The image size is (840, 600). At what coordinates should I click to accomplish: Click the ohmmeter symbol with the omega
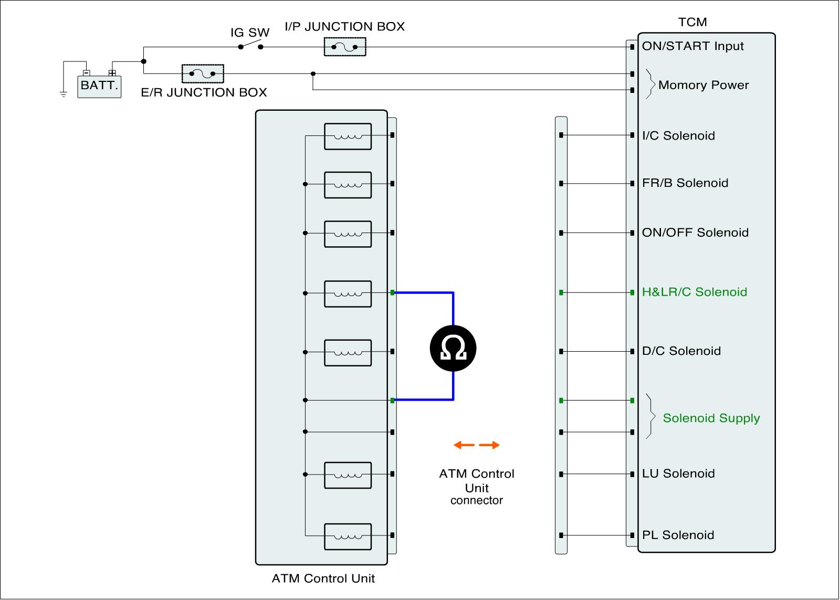(453, 348)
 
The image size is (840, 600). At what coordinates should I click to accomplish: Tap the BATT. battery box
(99, 87)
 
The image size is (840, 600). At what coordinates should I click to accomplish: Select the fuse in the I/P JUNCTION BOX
(344, 47)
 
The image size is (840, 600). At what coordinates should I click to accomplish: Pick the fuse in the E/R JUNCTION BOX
(203, 73)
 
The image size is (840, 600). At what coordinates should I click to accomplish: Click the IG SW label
(250, 33)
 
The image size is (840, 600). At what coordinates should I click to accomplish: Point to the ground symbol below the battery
(64, 94)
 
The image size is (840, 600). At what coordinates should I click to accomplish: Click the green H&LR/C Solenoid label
(695, 292)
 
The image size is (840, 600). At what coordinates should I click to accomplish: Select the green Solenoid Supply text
(711, 418)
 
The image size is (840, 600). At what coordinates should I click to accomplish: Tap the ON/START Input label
(692, 46)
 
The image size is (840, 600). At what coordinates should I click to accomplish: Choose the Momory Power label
(703, 85)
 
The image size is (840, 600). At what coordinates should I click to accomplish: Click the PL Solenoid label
(678, 535)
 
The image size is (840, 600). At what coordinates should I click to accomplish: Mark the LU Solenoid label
(678, 473)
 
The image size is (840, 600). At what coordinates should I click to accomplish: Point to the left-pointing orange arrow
(464, 445)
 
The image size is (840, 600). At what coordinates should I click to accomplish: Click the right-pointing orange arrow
(489, 445)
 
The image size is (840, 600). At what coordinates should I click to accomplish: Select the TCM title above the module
(692, 22)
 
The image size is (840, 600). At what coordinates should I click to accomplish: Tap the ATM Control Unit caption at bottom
(323, 578)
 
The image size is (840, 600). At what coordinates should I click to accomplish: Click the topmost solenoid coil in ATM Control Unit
(348, 136)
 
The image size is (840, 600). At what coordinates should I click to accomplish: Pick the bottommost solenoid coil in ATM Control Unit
(348, 536)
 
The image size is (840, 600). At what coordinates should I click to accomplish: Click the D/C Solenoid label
(681, 351)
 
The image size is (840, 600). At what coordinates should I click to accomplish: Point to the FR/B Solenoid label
(685, 183)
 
